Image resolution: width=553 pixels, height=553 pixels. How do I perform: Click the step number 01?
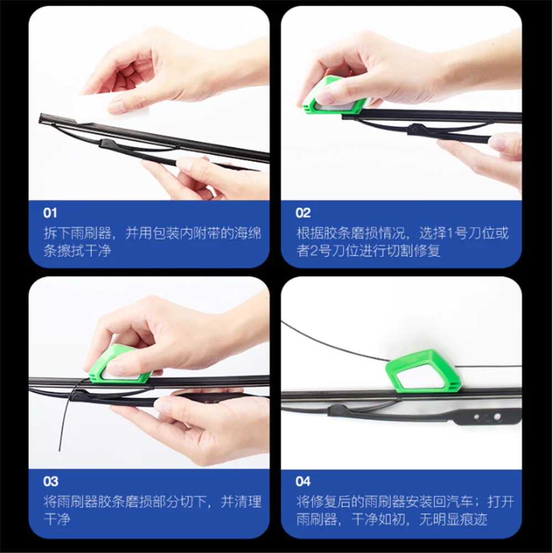50,213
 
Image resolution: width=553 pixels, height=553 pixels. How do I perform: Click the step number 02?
303,213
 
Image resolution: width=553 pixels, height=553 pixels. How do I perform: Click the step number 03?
51,482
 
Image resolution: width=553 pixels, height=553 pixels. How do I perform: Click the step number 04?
304,482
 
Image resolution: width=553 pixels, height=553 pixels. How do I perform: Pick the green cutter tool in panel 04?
423,372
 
